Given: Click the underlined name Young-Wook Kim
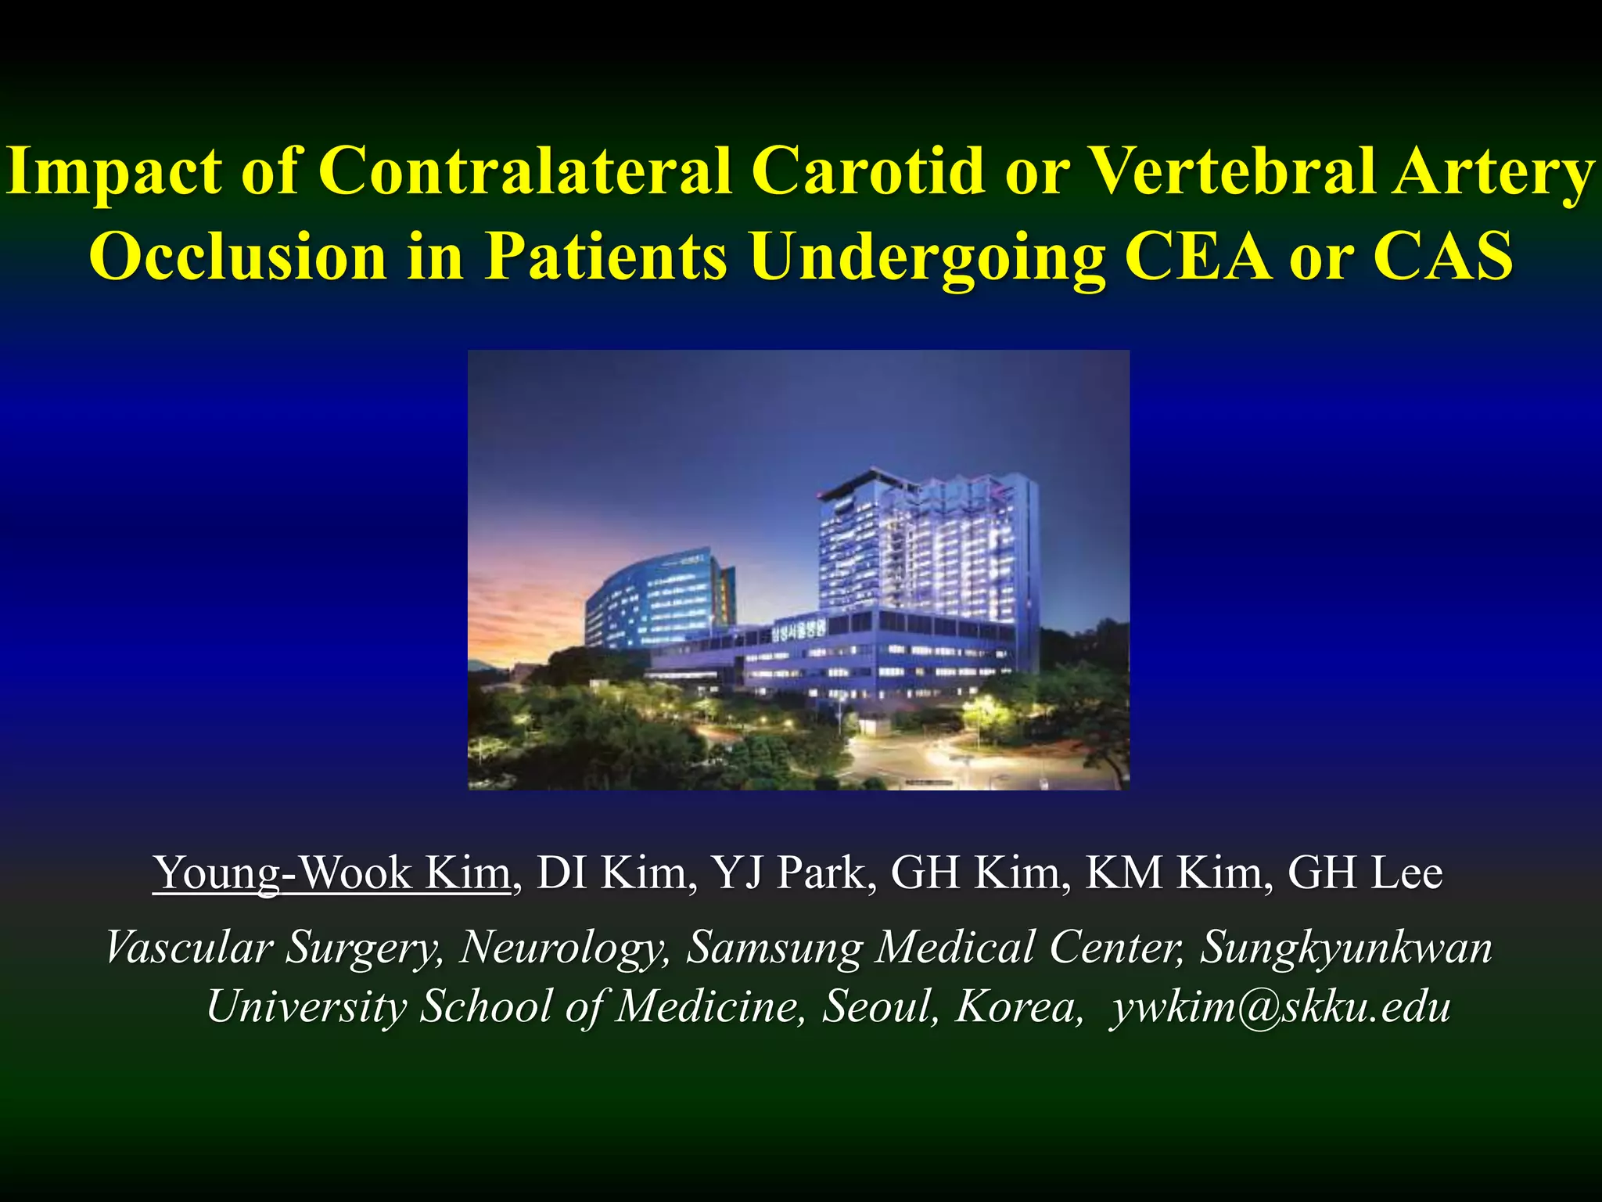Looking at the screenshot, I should coord(332,873).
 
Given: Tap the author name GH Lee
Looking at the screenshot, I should coord(1364,873).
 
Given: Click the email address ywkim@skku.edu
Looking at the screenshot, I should coord(1280,1006).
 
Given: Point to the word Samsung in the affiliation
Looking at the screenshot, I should coord(774,948).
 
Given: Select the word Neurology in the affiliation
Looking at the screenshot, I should coord(564,948).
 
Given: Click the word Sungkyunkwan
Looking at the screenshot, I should coord(1346,948).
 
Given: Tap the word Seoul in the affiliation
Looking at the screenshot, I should coord(880,1006).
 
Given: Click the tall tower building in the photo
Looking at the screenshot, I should coord(927,548).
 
